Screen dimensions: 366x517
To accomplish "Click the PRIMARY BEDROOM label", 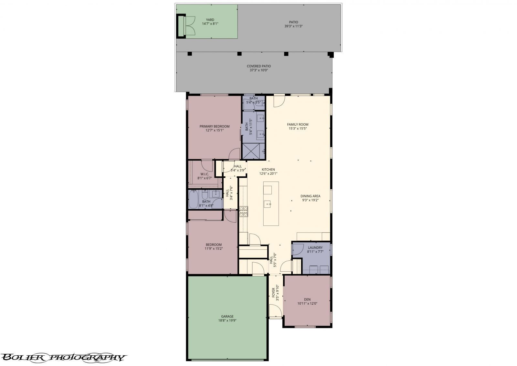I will tap(214, 126).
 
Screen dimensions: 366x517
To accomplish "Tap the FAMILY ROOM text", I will tap(298, 124).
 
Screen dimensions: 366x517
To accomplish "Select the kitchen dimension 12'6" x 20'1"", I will tap(268, 173).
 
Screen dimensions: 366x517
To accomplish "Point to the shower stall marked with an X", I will tap(251, 151).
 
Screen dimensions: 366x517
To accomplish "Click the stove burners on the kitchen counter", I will tap(243, 212).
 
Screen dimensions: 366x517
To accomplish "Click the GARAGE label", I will tap(227, 316).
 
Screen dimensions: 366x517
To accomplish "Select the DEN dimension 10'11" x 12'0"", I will tap(307, 304).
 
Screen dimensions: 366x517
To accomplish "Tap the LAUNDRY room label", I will tap(315, 248).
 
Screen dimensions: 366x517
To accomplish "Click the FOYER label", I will tap(273, 293).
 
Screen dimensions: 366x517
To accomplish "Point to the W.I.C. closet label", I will tap(205, 174).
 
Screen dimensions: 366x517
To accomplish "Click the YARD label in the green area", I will tap(210, 20).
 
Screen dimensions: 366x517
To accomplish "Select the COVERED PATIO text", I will tap(258, 66).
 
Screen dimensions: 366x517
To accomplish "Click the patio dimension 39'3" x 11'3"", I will tap(293, 26).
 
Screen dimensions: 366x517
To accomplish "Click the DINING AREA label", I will tap(310, 196).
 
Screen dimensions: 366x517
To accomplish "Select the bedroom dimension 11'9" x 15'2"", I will tap(214, 249).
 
